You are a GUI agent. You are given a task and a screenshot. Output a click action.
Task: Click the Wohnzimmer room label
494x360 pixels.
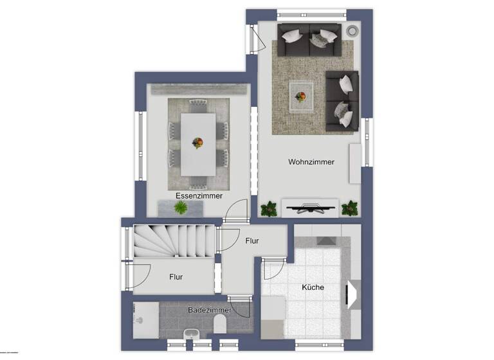311,163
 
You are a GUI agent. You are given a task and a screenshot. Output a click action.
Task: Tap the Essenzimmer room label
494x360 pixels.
199,195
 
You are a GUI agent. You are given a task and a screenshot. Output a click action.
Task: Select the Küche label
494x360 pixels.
313,287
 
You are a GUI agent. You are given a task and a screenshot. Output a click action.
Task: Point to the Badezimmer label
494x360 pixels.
206,310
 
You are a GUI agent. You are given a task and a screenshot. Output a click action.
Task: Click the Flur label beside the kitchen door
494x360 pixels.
252,241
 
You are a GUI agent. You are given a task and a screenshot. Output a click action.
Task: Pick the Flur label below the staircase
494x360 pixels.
176,277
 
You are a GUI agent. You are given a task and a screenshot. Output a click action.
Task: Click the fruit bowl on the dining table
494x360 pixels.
198,143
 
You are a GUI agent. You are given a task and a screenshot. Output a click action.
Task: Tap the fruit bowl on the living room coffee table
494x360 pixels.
300,97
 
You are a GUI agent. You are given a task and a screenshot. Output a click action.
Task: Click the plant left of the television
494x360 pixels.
269,208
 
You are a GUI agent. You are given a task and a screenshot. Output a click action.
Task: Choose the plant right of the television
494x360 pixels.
350,208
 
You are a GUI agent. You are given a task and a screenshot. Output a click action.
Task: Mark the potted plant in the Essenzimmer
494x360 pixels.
181,207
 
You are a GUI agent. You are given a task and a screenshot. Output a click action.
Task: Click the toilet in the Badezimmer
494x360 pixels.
219,324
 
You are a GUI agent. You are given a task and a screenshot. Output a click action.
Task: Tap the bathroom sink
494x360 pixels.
190,334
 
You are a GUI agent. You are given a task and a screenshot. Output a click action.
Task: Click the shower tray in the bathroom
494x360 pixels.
145,319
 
